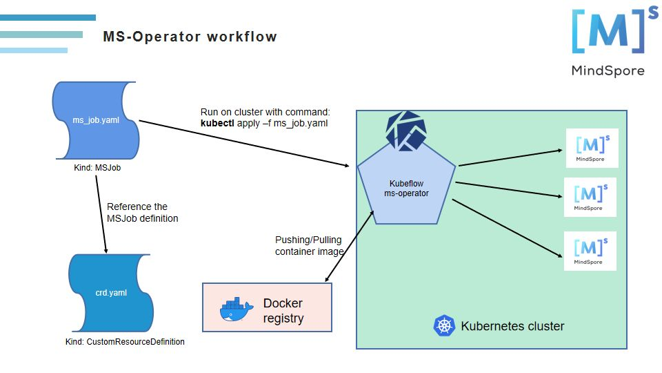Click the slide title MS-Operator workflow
click(190, 37)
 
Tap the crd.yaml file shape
click(110, 293)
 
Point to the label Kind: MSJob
click(97, 167)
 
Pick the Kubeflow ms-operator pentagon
click(406, 189)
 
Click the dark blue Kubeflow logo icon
click(406, 131)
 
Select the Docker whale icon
click(236, 309)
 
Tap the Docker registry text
click(283, 311)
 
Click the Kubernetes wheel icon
click(443, 326)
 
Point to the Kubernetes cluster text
click(512, 326)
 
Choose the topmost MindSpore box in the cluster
click(592, 148)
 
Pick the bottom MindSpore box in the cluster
click(590, 251)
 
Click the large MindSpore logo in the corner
click(608, 41)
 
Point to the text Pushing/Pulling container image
click(309, 246)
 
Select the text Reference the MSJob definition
click(142, 213)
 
